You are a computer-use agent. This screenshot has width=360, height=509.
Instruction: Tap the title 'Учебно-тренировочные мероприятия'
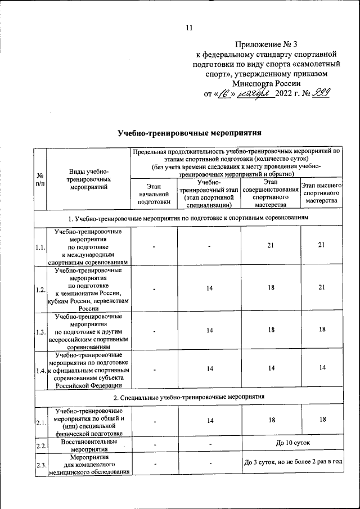[190, 134]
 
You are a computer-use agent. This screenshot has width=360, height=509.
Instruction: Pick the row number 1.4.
[40, 370]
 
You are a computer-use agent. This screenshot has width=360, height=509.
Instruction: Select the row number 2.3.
[40, 464]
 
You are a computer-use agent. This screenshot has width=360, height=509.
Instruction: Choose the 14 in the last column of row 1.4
[322, 368]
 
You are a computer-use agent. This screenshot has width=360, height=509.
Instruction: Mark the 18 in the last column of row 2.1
[322, 420]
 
